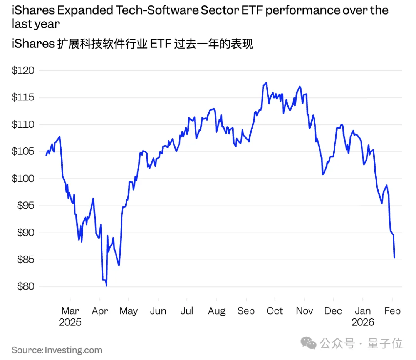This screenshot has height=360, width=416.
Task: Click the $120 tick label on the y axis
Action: (x=23, y=71)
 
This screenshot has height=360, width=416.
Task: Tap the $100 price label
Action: (x=23, y=179)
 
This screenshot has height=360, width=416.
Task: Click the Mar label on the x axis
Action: (x=70, y=311)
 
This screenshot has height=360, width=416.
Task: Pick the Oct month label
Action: (x=275, y=311)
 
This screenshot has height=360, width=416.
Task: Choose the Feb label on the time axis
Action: (x=392, y=311)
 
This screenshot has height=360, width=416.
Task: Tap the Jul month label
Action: (x=187, y=311)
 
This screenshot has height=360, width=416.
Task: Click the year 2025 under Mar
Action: (x=70, y=322)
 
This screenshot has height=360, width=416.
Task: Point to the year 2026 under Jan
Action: (x=363, y=322)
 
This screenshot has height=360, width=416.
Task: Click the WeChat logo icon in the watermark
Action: (x=309, y=343)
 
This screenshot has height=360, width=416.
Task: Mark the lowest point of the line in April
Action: (x=106, y=286)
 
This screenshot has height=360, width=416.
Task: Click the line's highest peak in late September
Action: (x=266, y=83)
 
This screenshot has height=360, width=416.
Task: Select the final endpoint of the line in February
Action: (x=394, y=258)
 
